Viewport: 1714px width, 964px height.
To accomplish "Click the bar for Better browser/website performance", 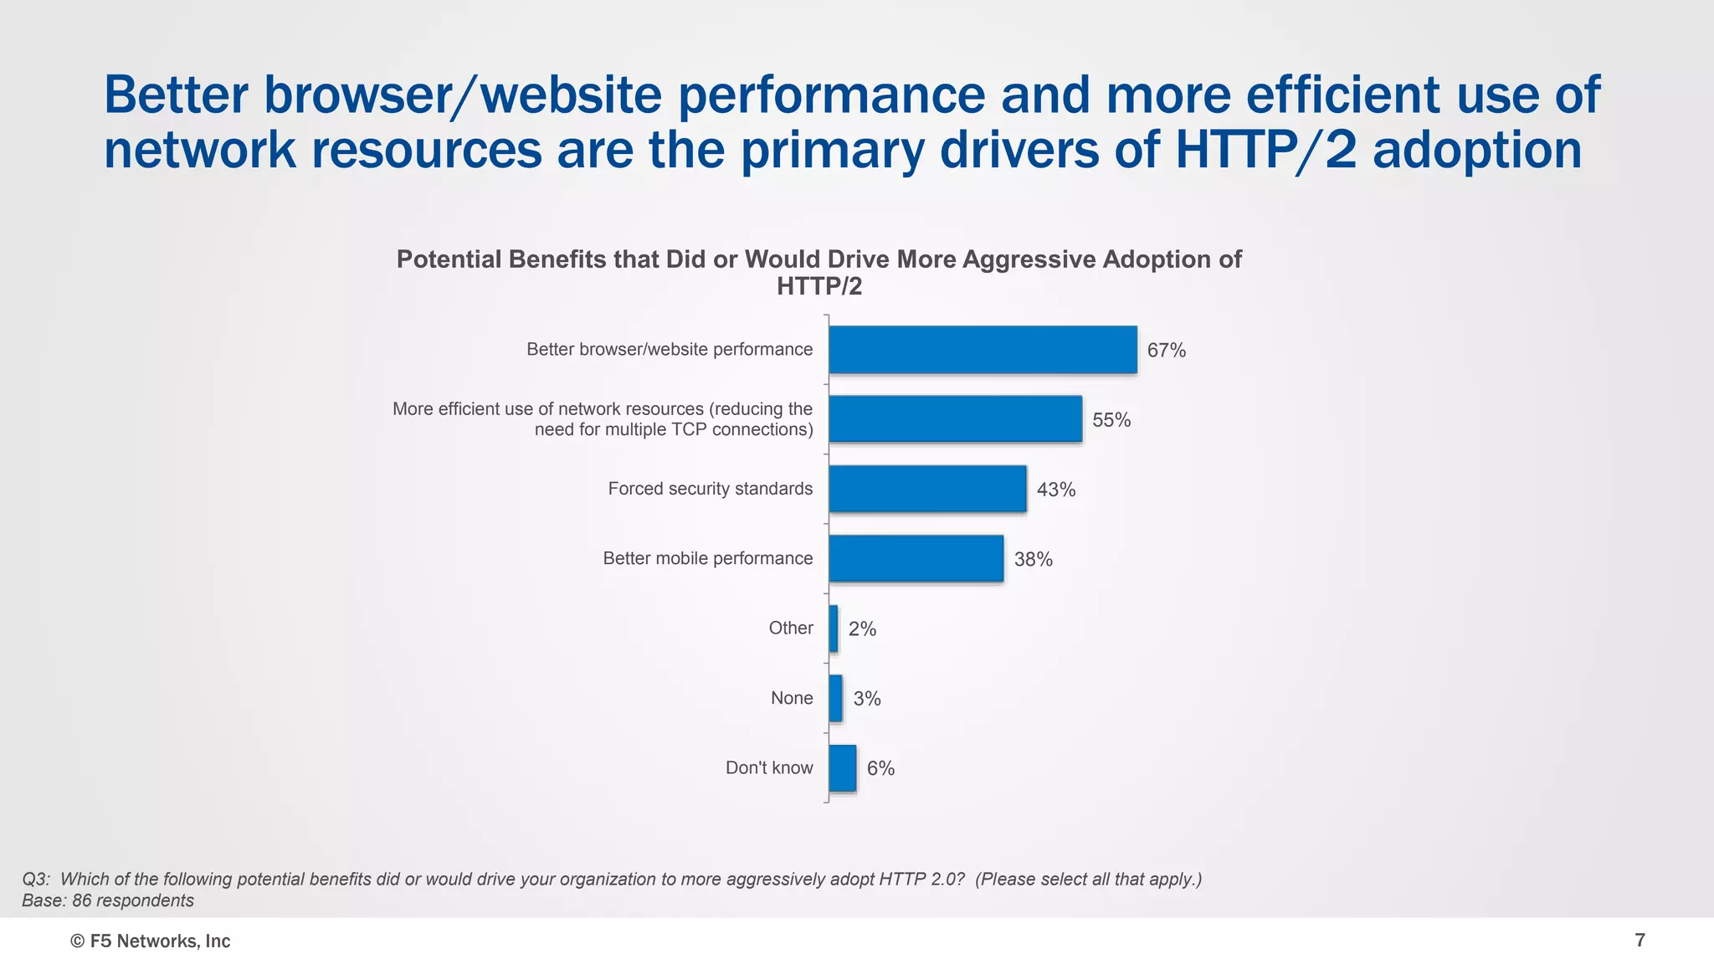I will (983, 350).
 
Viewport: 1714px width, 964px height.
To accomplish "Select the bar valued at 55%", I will (955, 419).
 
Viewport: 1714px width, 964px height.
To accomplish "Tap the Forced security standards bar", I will (927, 489).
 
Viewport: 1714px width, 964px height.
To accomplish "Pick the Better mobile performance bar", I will (916, 558).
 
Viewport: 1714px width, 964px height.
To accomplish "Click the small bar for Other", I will (834, 628).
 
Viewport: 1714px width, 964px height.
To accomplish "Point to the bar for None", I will (835, 698).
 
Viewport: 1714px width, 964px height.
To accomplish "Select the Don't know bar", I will (842, 768).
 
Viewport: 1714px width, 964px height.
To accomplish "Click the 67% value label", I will (1166, 351).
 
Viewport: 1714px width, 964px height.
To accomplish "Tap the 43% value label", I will (1055, 490).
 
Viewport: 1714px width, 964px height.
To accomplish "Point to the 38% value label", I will (1033, 560).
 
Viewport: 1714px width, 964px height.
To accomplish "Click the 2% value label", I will (862, 629).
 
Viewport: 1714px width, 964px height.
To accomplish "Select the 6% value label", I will (880, 769).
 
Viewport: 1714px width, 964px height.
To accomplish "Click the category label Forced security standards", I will (710, 489).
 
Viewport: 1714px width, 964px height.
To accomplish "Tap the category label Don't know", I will (769, 768).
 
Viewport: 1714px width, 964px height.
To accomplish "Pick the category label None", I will (792, 698).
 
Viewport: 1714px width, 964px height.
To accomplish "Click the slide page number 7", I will (1640, 941).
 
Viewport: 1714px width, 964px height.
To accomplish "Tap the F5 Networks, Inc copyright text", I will (151, 941).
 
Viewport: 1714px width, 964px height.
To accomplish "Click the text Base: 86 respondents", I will (108, 900).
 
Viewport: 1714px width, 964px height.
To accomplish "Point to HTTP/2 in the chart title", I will (819, 287).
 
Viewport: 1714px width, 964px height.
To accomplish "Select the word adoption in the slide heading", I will (1477, 151).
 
